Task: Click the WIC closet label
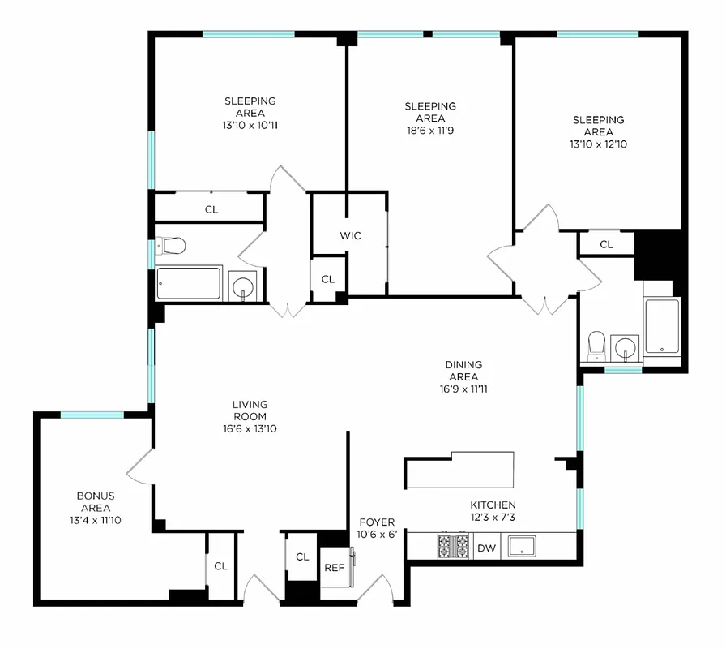tap(350, 236)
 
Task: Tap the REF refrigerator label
tap(334, 568)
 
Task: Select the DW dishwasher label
tap(486, 548)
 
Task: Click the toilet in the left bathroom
tap(171, 244)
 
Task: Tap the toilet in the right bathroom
tap(597, 344)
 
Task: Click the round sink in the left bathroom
tap(243, 286)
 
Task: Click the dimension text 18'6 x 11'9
tap(430, 131)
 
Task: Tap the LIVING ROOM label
tap(250, 410)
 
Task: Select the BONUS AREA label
tap(96, 501)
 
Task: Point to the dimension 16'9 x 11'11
tap(463, 389)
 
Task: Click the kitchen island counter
tap(459, 471)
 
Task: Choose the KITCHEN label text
tap(493, 505)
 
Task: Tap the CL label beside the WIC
tap(327, 279)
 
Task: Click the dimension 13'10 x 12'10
tap(598, 144)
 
